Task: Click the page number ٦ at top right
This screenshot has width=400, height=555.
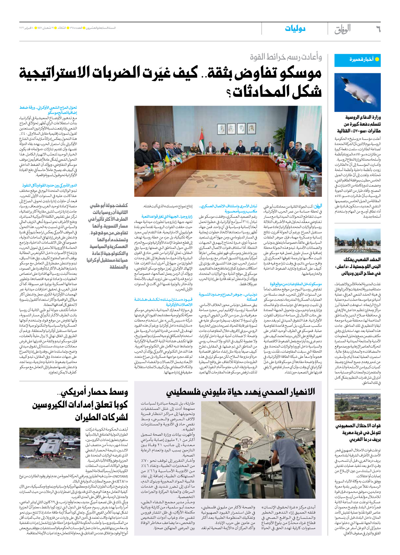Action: [378, 29]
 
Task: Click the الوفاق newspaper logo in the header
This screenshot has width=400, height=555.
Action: [343, 29]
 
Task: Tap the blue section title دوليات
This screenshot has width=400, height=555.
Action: [295, 29]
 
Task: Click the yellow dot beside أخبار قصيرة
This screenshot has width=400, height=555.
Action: [377, 59]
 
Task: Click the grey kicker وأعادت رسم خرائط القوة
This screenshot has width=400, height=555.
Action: [286, 57]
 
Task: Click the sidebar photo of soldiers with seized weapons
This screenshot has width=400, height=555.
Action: [357, 241]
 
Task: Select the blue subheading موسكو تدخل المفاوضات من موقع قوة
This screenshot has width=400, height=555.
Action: [296, 284]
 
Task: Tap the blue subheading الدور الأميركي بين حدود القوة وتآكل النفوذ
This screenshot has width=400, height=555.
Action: [50, 185]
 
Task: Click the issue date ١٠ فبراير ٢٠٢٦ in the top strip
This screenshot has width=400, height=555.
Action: [28, 28]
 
